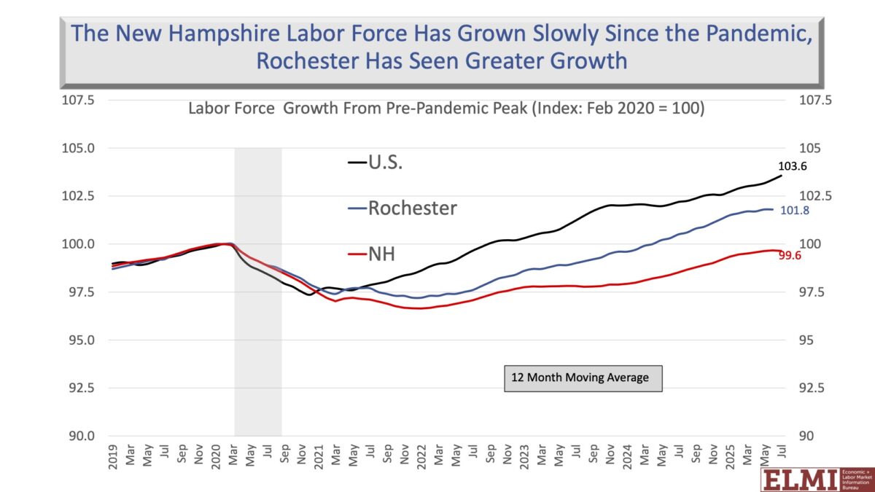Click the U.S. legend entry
[375, 163]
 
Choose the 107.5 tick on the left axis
[77, 101]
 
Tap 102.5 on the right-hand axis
[814, 196]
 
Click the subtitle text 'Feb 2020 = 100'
[647, 109]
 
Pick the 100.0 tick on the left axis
[77, 244]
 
